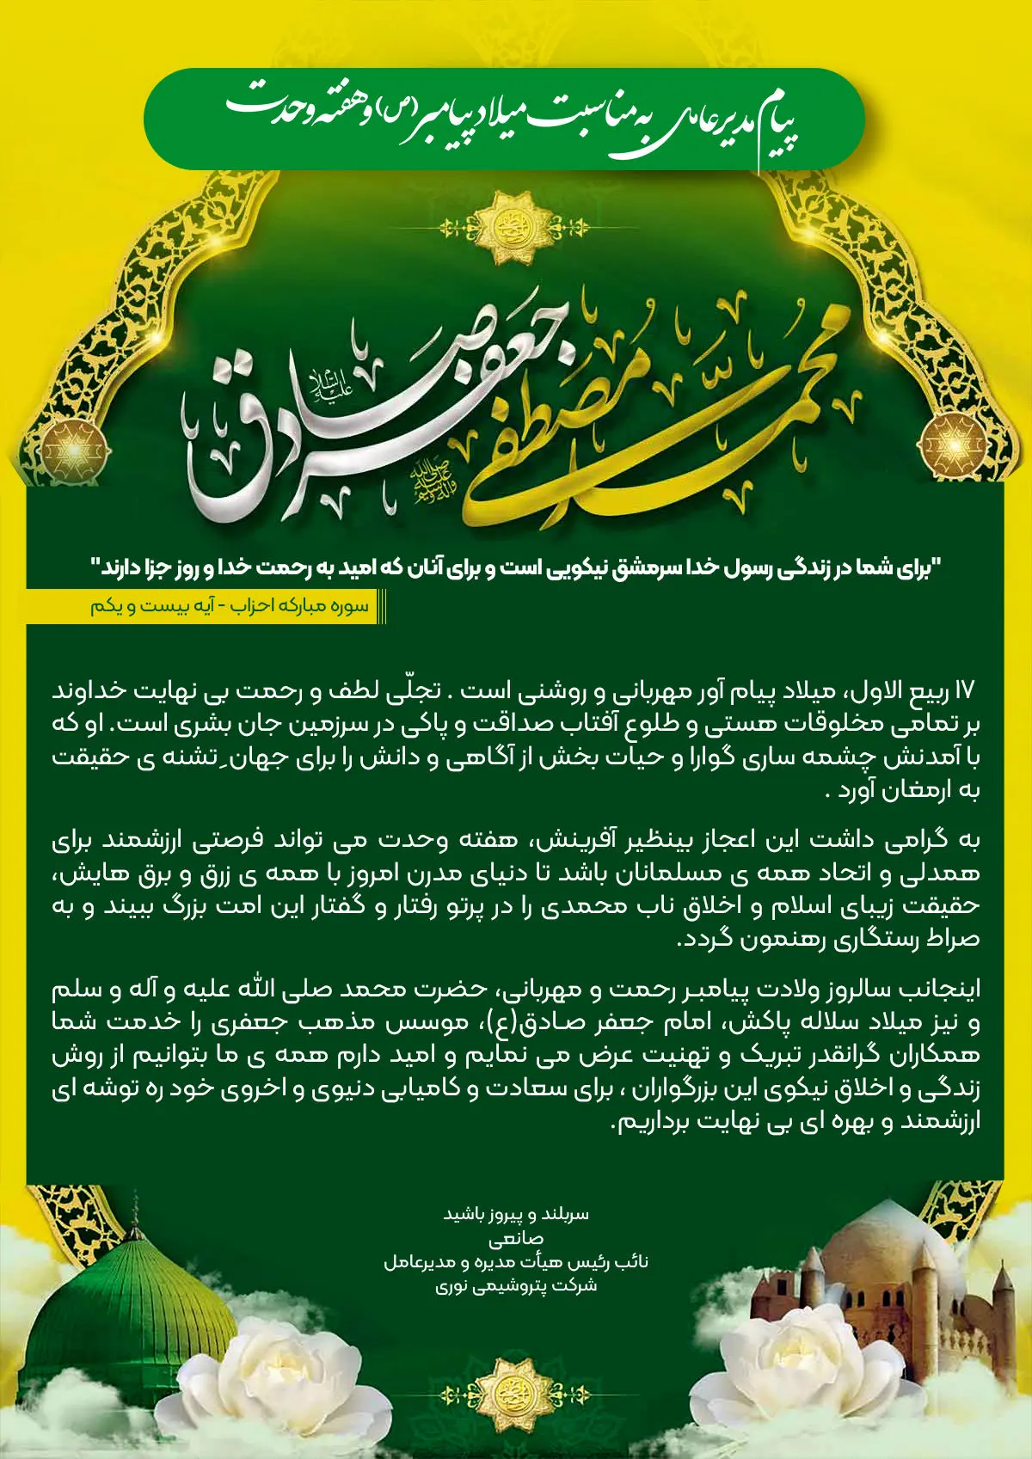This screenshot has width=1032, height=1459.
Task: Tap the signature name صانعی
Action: [515, 1240]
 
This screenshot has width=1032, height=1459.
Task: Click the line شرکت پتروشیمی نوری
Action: [515, 1285]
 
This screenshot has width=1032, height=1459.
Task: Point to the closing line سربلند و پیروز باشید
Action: [515, 1215]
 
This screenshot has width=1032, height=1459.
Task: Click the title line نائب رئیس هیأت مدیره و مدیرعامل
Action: [515, 1262]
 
